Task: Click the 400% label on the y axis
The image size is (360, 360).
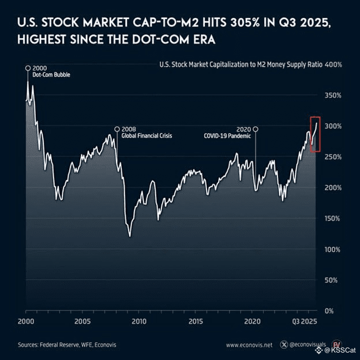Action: (334, 64)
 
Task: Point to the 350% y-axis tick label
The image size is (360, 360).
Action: (334, 95)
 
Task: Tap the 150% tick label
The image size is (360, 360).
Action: (334, 219)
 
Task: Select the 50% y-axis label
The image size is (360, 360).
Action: (336, 280)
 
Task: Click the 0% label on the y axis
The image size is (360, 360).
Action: (337, 311)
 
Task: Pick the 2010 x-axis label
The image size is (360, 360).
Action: (138, 321)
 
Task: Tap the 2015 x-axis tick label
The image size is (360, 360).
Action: (196, 321)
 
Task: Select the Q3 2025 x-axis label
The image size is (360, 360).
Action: (303, 321)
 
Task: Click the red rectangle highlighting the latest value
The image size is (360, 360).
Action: (315, 134)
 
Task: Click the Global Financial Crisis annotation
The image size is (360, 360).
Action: (147, 136)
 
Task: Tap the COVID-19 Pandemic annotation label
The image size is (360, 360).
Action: (228, 136)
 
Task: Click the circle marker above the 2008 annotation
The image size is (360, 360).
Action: (117, 129)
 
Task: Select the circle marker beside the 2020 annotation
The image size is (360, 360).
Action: (256, 129)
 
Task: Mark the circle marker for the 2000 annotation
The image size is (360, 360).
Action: (28, 68)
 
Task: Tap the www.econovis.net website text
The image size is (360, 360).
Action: (249, 345)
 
